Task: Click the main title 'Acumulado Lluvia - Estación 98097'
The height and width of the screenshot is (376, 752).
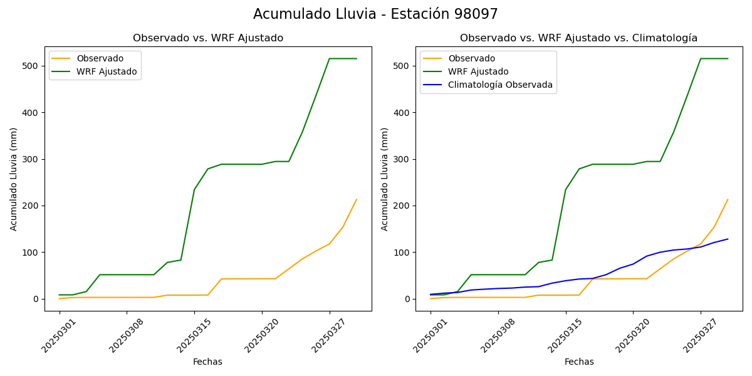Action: point(375,14)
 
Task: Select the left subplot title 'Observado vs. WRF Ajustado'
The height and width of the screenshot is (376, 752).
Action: point(207,38)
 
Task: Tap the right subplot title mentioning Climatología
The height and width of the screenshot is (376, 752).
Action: point(578,38)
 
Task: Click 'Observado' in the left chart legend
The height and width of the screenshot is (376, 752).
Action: point(100,58)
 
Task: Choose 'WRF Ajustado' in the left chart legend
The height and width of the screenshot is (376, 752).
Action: point(107,71)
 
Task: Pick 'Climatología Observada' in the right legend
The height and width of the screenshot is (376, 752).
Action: point(500,85)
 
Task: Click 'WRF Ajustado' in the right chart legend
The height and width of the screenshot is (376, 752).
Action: point(478,71)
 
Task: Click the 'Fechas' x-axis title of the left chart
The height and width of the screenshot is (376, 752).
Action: point(207,362)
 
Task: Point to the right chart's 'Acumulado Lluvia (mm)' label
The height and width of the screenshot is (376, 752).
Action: point(385,179)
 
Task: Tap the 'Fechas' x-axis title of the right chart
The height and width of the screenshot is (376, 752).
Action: point(579,362)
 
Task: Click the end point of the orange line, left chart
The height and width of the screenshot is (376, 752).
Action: point(357,199)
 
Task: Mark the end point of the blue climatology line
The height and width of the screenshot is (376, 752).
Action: point(728,239)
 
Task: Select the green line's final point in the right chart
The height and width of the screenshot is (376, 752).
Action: point(728,59)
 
